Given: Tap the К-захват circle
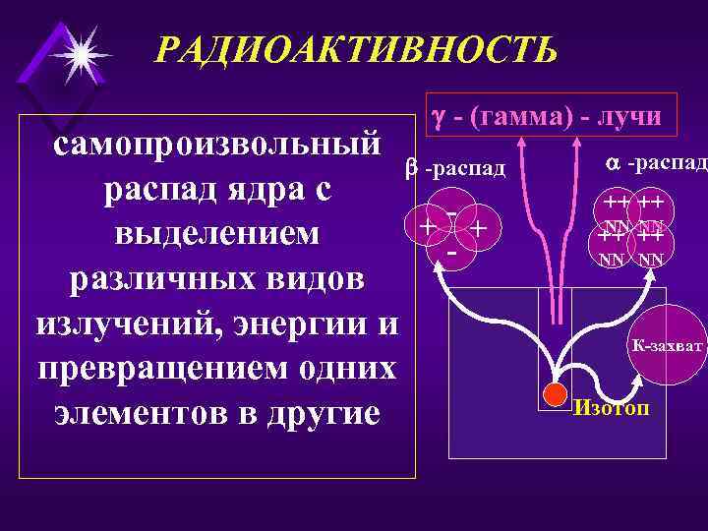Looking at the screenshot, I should (x=668, y=345).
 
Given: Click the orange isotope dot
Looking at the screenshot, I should (x=557, y=395).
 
